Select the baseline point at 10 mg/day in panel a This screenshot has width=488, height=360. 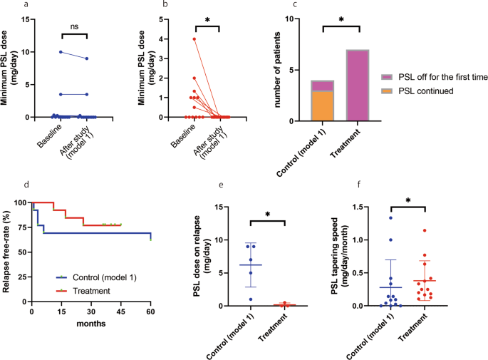click(x=61, y=52)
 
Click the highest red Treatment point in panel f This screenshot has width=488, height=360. click(x=425, y=230)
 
